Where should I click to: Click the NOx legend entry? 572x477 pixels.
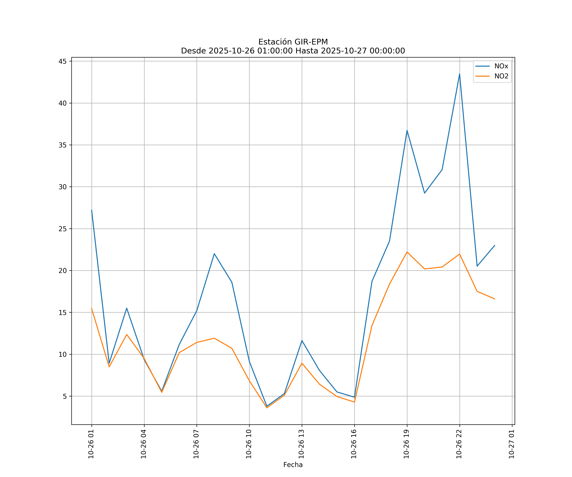[x=501, y=66]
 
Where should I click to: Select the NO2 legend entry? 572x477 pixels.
[x=501, y=76]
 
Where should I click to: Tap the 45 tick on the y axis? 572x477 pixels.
[x=63, y=61]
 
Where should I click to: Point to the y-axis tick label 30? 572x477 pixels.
[x=63, y=187]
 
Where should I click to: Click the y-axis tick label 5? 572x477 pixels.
[x=65, y=396]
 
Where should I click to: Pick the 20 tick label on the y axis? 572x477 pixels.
[x=63, y=271]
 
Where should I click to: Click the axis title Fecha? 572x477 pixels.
[x=293, y=465]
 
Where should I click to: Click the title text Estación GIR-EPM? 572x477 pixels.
[x=293, y=42]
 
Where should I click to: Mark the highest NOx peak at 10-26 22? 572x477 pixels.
[x=460, y=74]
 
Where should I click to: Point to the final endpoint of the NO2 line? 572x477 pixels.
[x=495, y=299]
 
